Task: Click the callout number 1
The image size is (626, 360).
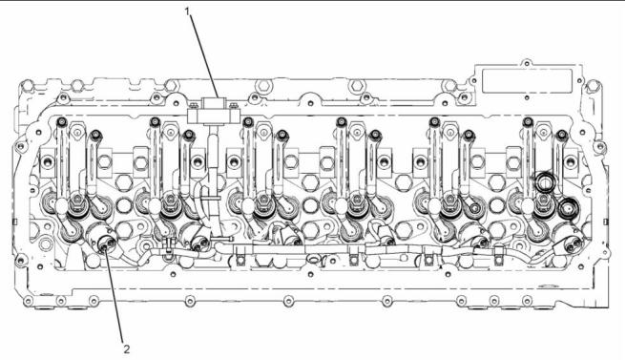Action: click(x=188, y=11)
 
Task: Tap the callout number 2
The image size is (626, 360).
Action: click(x=127, y=349)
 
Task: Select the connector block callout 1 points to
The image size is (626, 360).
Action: click(x=213, y=112)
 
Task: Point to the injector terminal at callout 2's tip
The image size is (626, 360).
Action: click(x=105, y=243)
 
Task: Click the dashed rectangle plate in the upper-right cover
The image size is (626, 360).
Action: click(x=528, y=81)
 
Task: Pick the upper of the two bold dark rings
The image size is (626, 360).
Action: click(x=544, y=182)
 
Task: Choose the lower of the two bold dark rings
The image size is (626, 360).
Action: click(x=568, y=208)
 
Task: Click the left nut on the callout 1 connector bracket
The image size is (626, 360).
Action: click(x=194, y=106)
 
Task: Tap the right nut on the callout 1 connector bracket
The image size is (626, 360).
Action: click(x=234, y=106)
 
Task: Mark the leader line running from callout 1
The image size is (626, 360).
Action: click(x=204, y=56)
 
